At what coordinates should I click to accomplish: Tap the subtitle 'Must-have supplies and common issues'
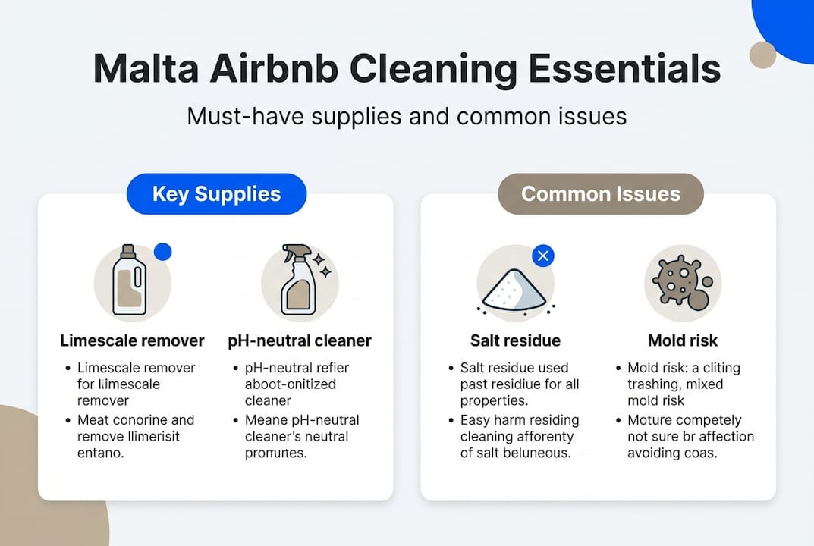pos(407,116)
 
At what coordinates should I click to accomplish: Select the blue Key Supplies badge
pos(216,194)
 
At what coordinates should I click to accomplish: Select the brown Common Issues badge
pos(600,194)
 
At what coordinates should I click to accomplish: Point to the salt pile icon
pos(514,290)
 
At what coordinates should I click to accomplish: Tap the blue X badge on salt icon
pos(542,256)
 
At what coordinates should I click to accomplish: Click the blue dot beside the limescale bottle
pos(162,252)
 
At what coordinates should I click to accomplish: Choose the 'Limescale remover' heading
pos(132,340)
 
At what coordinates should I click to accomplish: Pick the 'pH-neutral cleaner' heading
pos(300,340)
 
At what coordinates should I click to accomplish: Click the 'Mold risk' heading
pos(682,340)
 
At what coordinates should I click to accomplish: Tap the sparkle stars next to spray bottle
pos(322,262)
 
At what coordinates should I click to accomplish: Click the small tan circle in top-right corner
pos(762,55)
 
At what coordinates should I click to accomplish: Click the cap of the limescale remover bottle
pos(128,249)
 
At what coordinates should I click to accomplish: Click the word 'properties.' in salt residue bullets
pos(495,400)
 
